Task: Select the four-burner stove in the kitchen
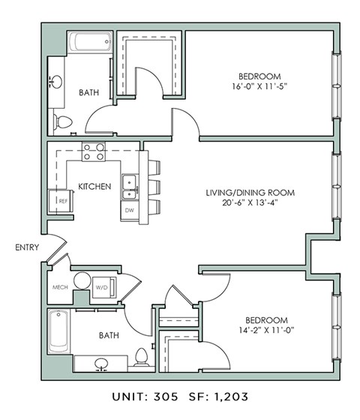point(94,152)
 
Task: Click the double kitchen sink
point(129,188)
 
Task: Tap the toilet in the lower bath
point(140,358)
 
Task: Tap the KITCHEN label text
point(94,186)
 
